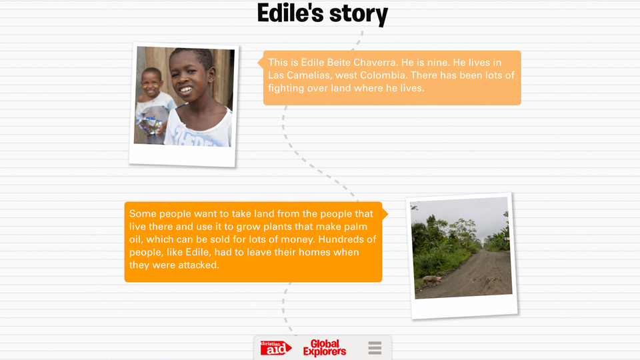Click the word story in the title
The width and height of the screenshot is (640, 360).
tap(359, 15)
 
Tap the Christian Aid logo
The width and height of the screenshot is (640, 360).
tap(276, 348)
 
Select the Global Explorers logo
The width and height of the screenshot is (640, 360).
tap(325, 348)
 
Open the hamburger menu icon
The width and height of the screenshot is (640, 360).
tap(375, 348)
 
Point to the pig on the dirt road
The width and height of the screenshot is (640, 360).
tap(432, 280)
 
